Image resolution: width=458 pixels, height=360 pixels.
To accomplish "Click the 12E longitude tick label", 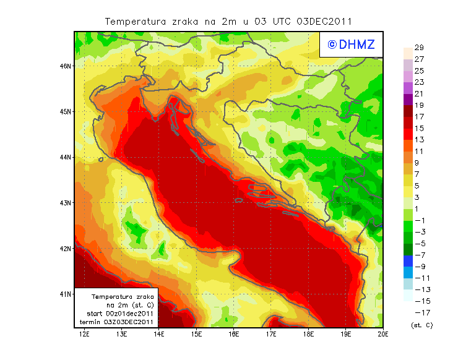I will pyautogui.click(x=84, y=334).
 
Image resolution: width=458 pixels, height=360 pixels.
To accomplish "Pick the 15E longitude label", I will pyautogui.click(x=196, y=334).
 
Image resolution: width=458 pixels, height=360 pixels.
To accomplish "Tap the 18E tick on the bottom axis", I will pyautogui.click(x=308, y=334).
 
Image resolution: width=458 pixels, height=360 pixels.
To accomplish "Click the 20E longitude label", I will pyautogui.click(x=383, y=334).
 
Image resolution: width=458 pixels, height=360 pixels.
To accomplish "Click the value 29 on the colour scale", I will pyautogui.click(x=418, y=48).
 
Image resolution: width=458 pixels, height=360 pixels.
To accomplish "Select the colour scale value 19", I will pyautogui.click(x=418, y=105).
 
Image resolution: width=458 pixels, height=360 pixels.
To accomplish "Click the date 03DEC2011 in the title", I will pyautogui.click(x=324, y=21).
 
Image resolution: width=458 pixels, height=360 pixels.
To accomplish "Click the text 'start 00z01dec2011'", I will pyautogui.click(x=117, y=314).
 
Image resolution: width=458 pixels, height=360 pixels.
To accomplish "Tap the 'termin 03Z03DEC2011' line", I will pyautogui.click(x=117, y=322).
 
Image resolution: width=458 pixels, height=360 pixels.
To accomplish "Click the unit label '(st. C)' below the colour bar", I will pyautogui.click(x=421, y=325).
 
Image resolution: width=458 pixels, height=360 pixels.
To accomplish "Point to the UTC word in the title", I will pyautogui.click(x=282, y=21).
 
